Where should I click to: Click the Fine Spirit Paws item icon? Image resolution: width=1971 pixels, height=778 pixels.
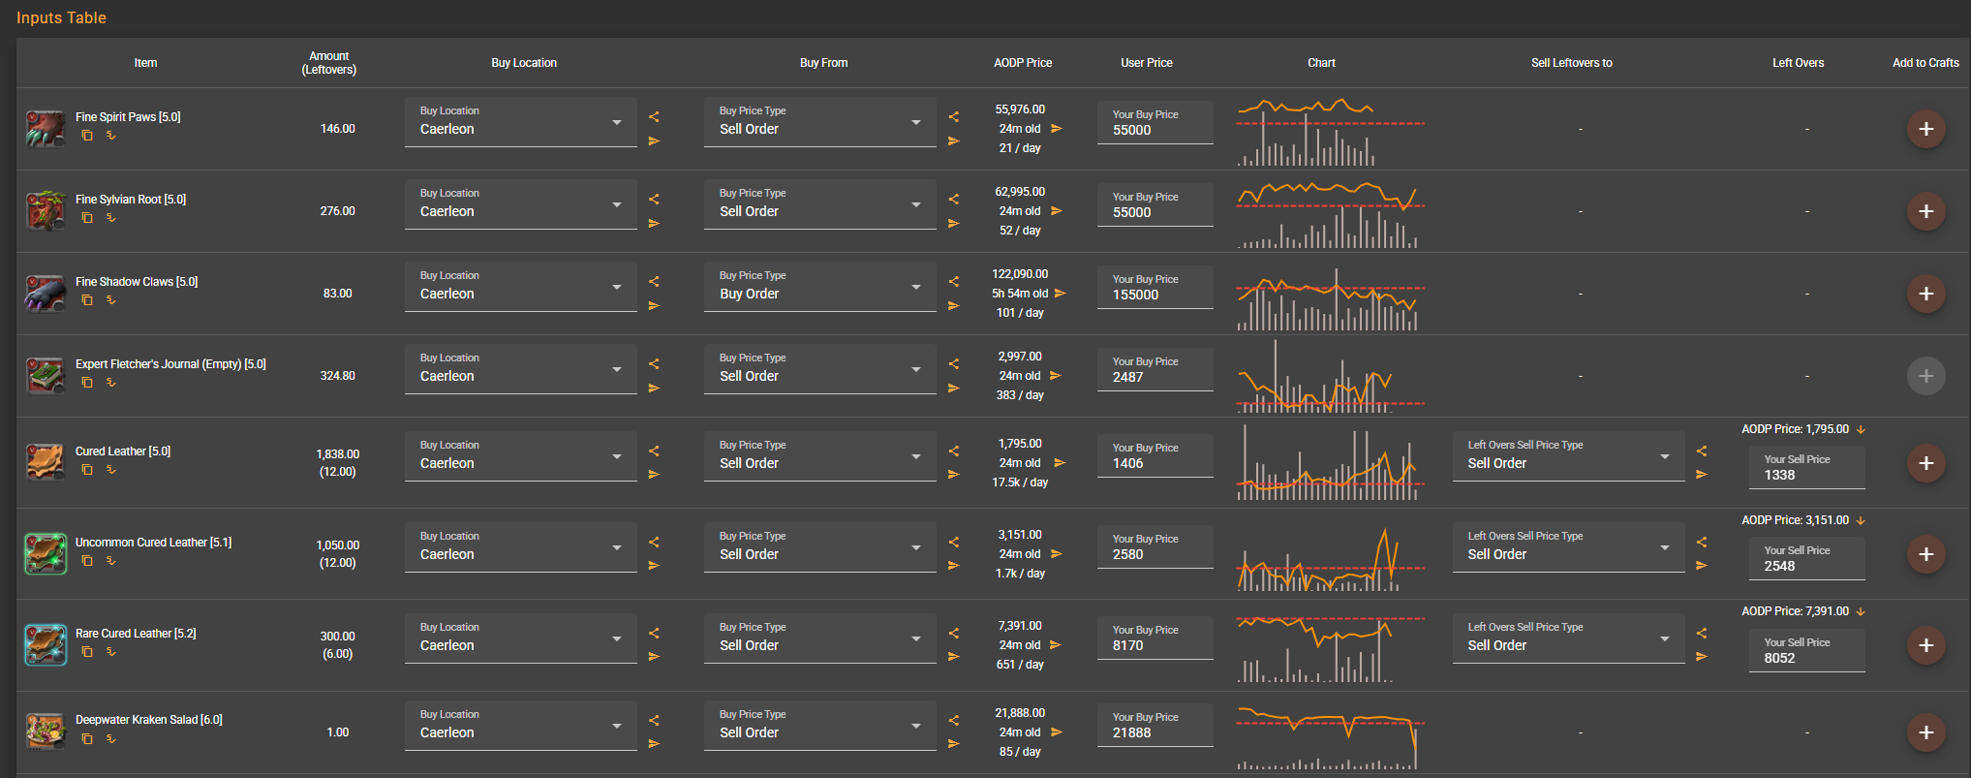pyautogui.click(x=45, y=129)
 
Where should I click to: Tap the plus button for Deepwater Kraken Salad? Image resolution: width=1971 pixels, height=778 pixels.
pyautogui.click(x=1925, y=732)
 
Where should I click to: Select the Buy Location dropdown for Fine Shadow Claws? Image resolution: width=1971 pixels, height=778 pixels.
pyautogui.click(x=520, y=287)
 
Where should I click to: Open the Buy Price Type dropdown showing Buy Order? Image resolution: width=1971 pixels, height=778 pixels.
pyautogui.click(x=819, y=287)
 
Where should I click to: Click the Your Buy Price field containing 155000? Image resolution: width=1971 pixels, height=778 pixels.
pyautogui.click(x=1155, y=288)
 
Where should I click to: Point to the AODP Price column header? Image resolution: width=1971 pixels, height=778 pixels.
pyautogui.click(x=1023, y=63)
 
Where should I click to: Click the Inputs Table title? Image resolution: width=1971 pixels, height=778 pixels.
pyautogui.click(x=61, y=17)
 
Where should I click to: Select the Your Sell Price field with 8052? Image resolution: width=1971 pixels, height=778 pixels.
pyautogui.click(x=1806, y=651)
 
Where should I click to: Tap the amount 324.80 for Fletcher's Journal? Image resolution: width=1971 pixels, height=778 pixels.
pyautogui.click(x=337, y=376)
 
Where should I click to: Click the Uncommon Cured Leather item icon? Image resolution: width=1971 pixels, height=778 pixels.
pyautogui.click(x=45, y=554)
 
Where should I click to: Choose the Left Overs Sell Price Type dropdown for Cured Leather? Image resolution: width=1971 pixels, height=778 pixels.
pyautogui.click(x=1568, y=456)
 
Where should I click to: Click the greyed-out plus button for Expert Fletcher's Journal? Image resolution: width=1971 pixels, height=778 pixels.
pyautogui.click(x=1925, y=376)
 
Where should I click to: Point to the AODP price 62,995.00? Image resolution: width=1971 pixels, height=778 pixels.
pyautogui.click(x=1020, y=192)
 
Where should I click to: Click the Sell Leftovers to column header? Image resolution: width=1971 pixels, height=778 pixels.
pyautogui.click(x=1571, y=63)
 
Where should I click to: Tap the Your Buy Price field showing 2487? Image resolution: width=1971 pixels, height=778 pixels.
pyautogui.click(x=1155, y=370)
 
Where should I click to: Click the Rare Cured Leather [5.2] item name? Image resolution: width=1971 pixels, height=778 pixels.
pyautogui.click(x=136, y=634)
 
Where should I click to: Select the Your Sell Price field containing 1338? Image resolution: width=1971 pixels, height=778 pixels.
pyautogui.click(x=1806, y=468)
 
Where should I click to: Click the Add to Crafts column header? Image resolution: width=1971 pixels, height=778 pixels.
pyautogui.click(x=1925, y=63)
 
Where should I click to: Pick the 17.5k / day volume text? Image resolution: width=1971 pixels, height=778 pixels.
pyautogui.click(x=1020, y=482)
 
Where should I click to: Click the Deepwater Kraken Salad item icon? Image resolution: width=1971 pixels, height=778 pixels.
pyautogui.click(x=45, y=732)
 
